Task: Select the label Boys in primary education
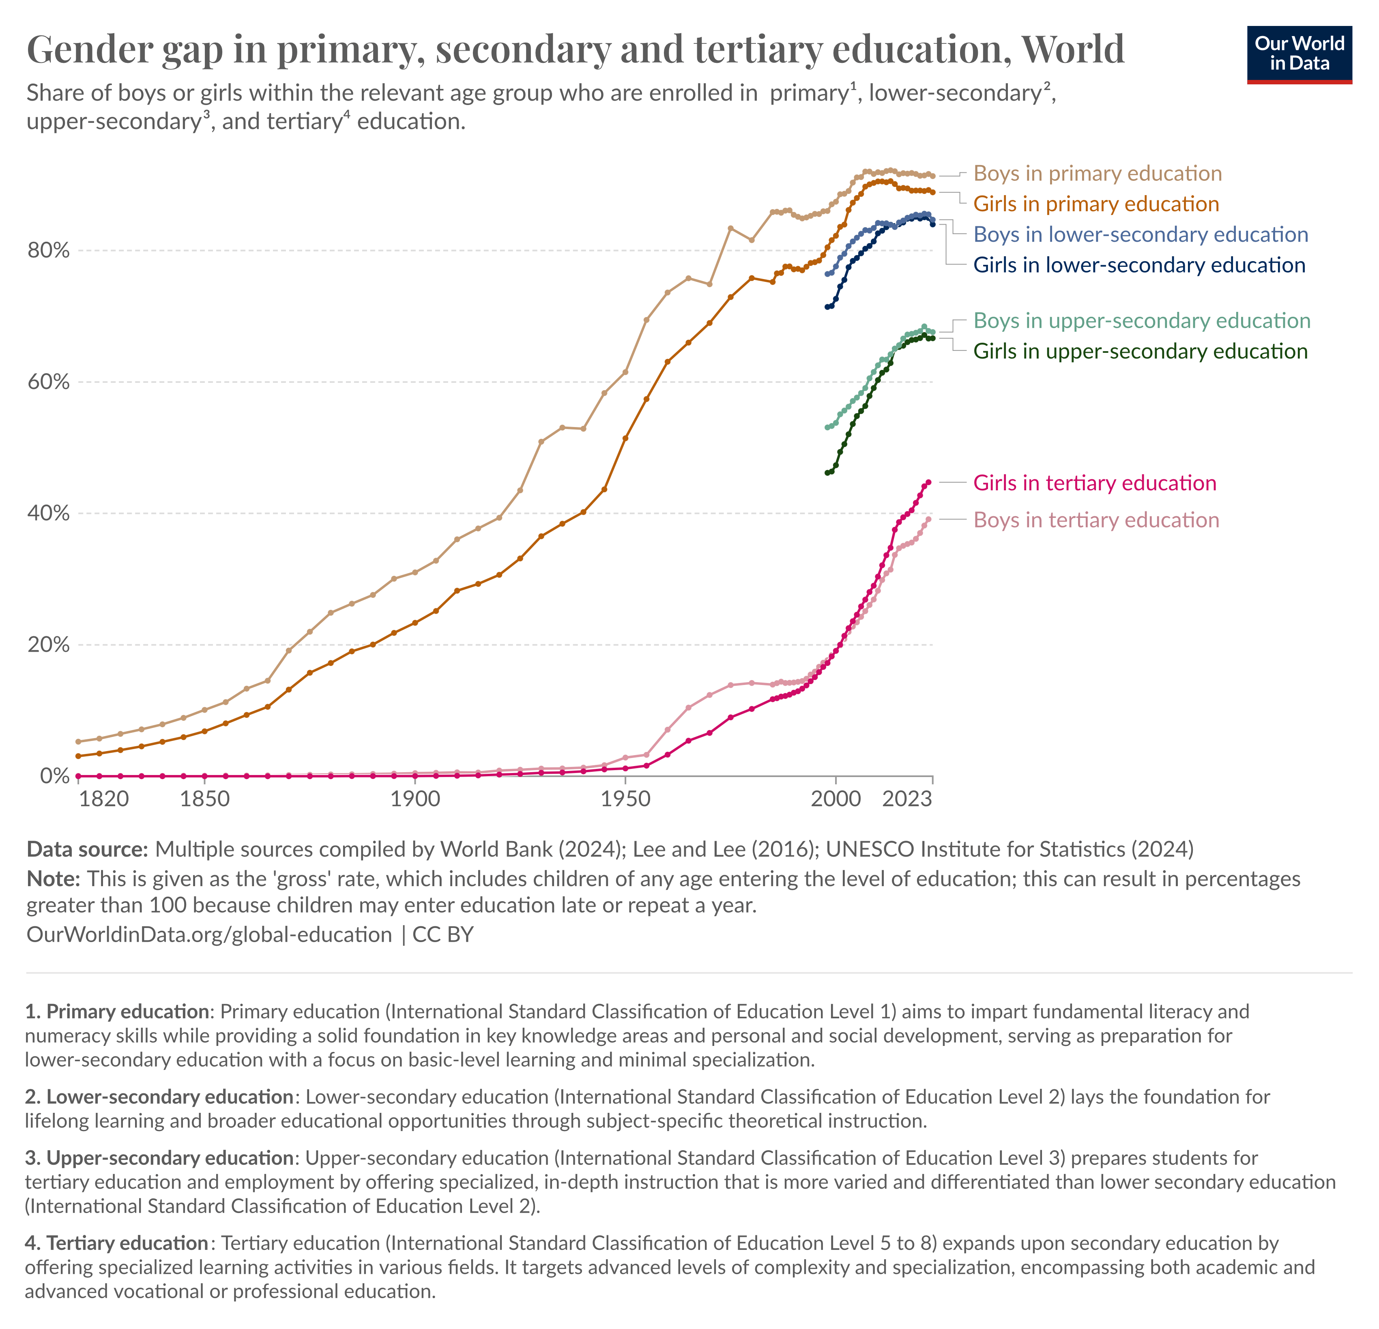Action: [1097, 174]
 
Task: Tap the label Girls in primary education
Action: [1095, 204]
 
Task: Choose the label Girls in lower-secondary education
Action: [1138, 265]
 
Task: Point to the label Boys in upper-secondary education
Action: [1141, 321]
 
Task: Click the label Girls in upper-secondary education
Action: [1140, 351]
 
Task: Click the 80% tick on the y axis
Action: [49, 251]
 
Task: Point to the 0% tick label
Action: [55, 776]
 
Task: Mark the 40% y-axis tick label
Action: [49, 513]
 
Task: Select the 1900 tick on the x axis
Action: [415, 799]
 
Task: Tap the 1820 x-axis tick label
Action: [104, 799]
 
